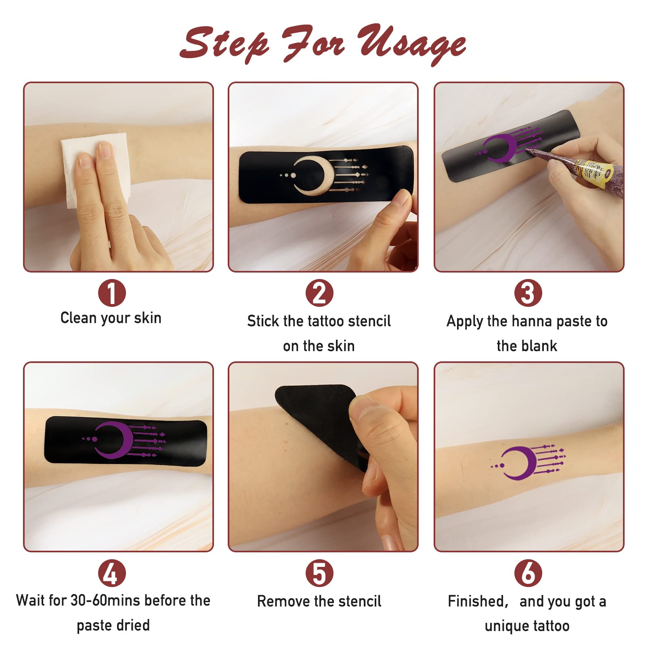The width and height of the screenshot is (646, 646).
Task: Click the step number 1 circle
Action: [x=112, y=293]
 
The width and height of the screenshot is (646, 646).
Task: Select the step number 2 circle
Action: [x=319, y=293]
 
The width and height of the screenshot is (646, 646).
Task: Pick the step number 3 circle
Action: [x=528, y=293]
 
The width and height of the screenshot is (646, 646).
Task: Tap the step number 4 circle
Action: [x=112, y=573]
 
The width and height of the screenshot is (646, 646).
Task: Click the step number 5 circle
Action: [x=319, y=573]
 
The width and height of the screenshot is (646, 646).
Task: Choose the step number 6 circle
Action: [x=528, y=573]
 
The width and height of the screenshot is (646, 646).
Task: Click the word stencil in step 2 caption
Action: [x=369, y=321]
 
